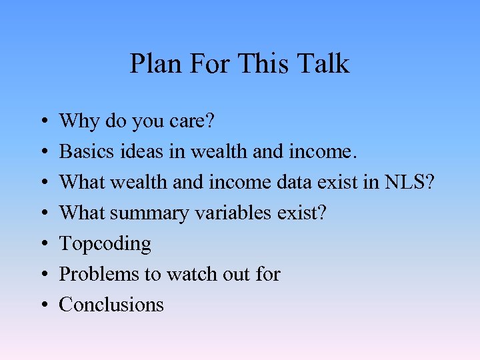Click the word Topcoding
click(x=105, y=244)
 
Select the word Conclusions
click(x=111, y=305)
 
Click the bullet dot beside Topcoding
click(x=43, y=244)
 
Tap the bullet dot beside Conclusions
click(x=43, y=305)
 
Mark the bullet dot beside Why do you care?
click(x=43, y=122)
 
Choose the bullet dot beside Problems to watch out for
click(x=43, y=275)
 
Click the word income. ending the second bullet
click(x=322, y=152)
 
